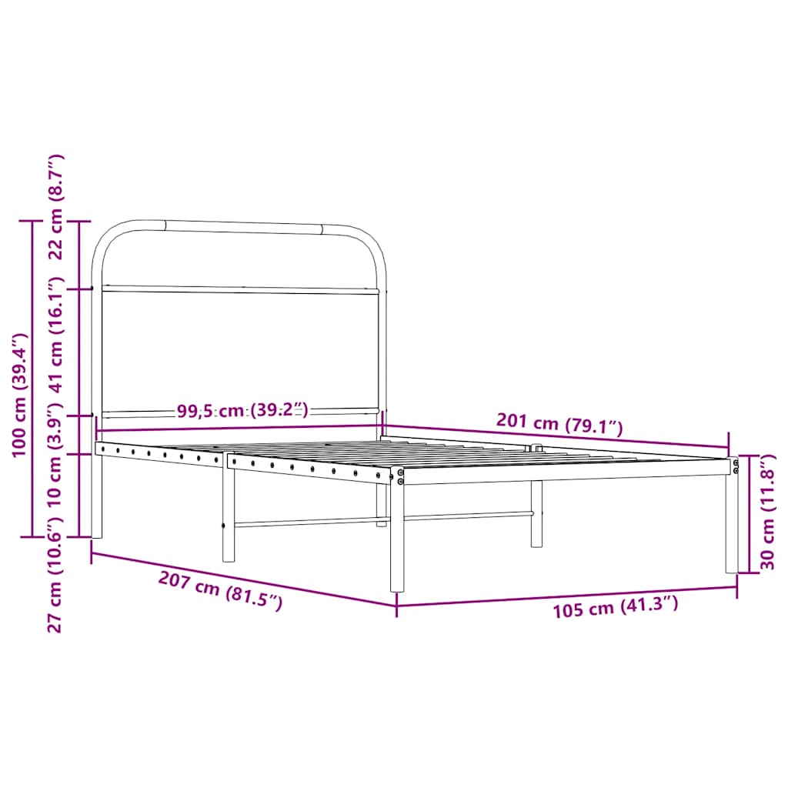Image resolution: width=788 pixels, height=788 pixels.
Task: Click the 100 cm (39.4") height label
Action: [x=20, y=395]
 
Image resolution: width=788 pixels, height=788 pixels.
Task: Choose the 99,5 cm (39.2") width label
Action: [x=242, y=410]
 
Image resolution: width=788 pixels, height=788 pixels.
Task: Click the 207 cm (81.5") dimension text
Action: [x=220, y=591]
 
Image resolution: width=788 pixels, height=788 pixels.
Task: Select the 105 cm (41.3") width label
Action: [x=615, y=607]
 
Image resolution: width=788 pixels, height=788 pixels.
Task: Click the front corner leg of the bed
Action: [x=397, y=539]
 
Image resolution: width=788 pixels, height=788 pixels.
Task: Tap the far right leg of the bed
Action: [x=731, y=523]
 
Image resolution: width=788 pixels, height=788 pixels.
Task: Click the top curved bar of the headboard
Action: [x=242, y=227]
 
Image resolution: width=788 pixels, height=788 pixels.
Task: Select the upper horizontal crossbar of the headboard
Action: [x=240, y=290]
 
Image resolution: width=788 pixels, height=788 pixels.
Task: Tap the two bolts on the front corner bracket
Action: [x=400, y=476]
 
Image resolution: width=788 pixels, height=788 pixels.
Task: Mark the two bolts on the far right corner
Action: [x=735, y=466]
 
